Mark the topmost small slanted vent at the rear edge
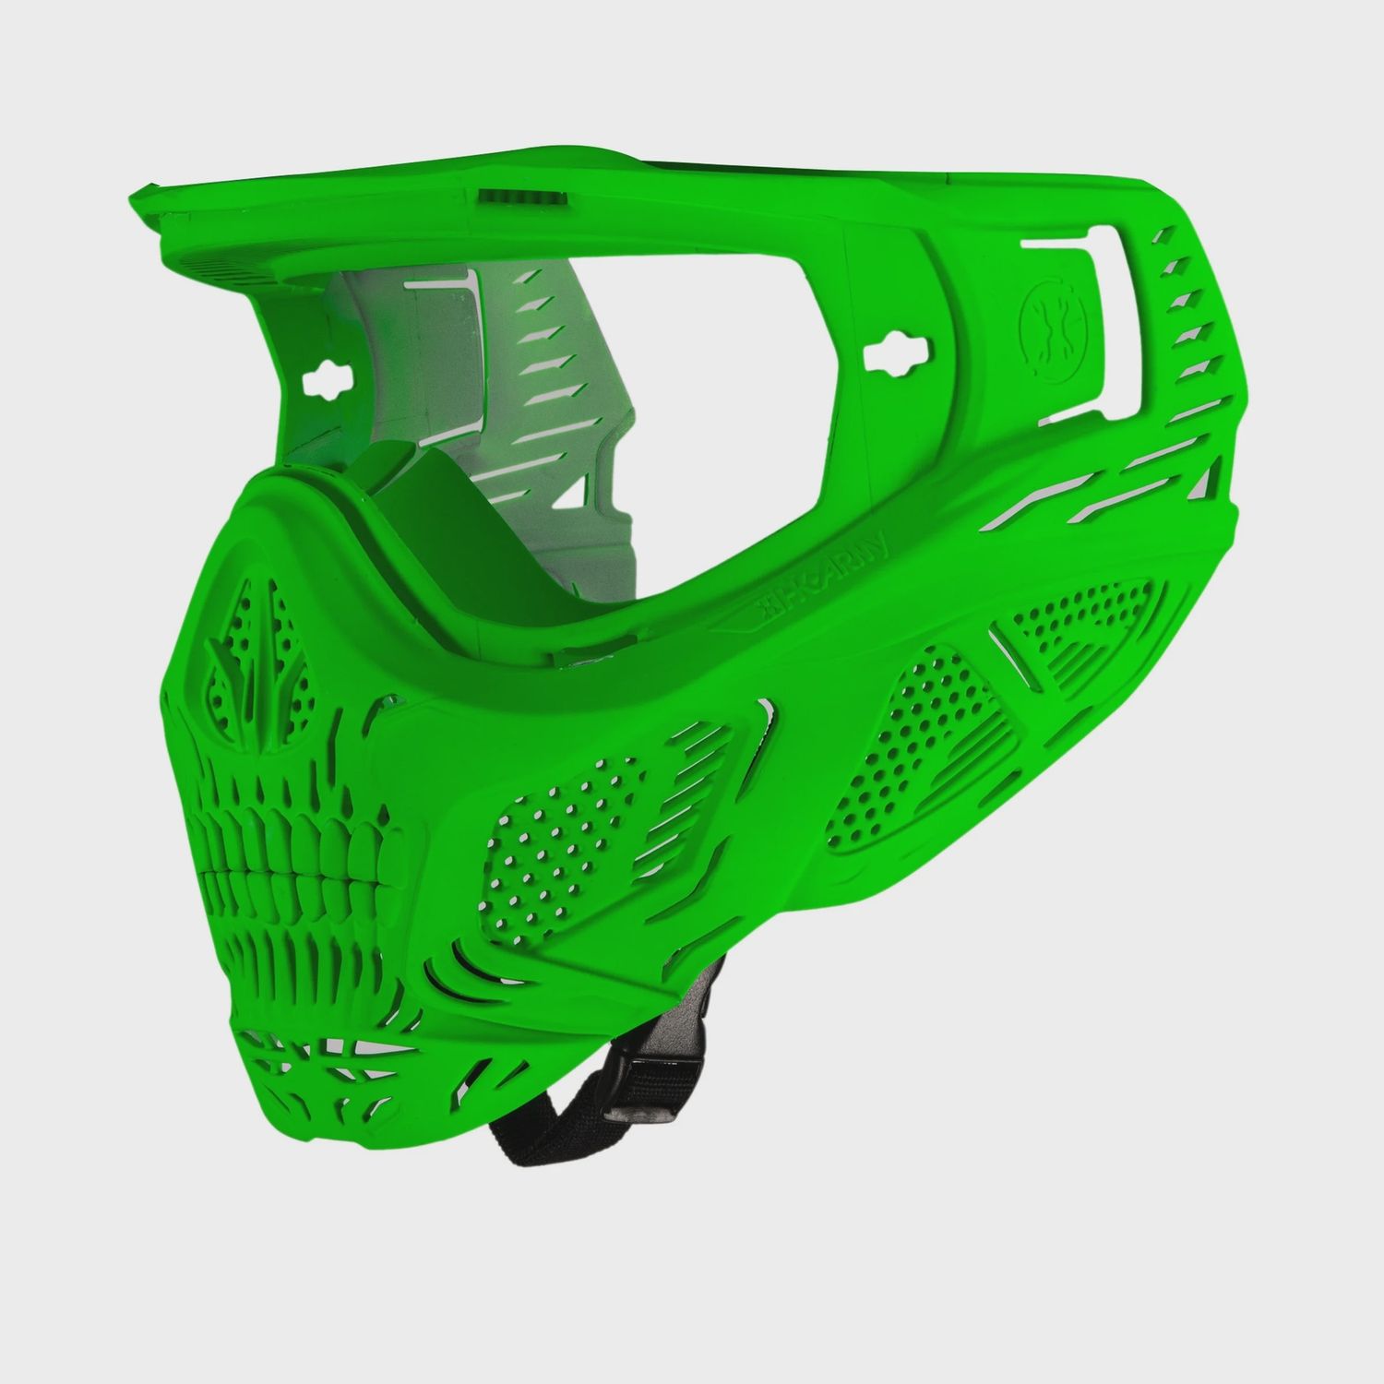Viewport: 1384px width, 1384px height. tap(1162, 240)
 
